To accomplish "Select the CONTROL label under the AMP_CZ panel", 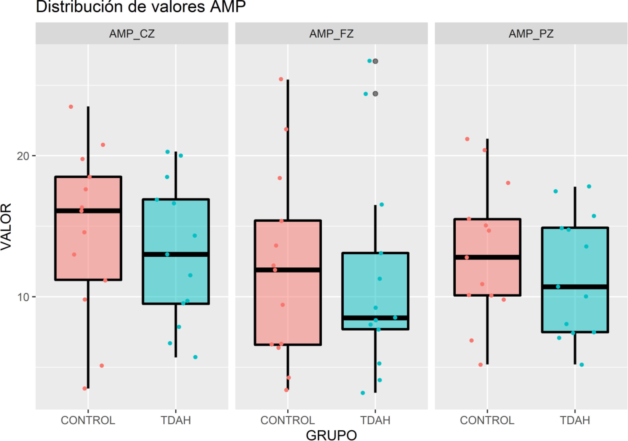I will (x=88, y=420).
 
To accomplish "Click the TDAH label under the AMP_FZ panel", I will (x=375, y=420).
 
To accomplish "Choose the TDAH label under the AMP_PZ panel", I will (x=575, y=420).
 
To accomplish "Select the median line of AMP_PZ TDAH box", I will (x=575, y=287).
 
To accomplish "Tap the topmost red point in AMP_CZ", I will (x=71, y=107).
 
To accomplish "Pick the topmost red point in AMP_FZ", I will (x=281, y=79).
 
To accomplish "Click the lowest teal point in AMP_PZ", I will (x=582, y=365).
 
